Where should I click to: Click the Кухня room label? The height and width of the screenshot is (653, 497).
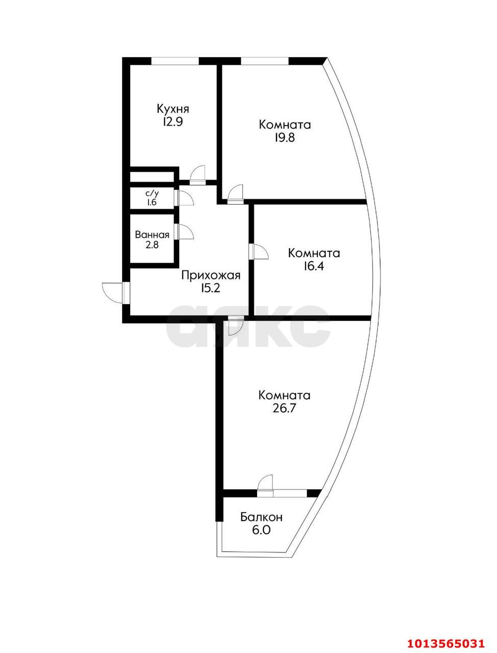pos(172,109)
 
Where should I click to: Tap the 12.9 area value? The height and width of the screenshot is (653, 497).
pos(172,122)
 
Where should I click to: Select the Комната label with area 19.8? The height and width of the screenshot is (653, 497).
pos(285,124)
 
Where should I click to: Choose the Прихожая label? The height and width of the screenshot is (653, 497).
pos(211,276)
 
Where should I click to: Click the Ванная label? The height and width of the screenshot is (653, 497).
pos(152,235)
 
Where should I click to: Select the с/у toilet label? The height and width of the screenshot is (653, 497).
pos(152,194)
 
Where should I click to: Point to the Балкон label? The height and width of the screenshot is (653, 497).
pos(261,517)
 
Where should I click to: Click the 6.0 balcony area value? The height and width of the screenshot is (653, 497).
pos(261,530)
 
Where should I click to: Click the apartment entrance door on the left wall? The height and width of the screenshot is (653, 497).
pos(113,292)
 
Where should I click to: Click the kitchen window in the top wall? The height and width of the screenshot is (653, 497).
pos(175,61)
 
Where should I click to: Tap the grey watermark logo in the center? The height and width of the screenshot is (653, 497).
pos(248,326)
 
